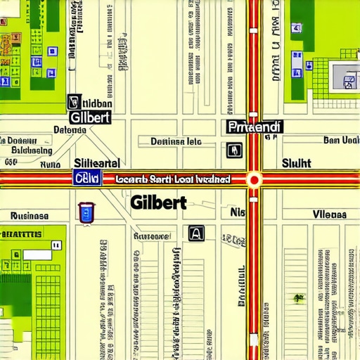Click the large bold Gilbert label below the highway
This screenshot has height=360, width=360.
(158, 202)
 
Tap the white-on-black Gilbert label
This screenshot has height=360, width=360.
(90, 117)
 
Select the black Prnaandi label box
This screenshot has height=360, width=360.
(255, 127)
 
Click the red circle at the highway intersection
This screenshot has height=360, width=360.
(254, 179)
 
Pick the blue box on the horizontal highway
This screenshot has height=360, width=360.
(87, 179)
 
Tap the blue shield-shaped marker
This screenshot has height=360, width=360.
(85, 212)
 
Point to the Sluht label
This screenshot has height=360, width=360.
(296, 163)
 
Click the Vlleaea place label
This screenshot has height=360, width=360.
(329, 214)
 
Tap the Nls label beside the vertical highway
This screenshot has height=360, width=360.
(238, 211)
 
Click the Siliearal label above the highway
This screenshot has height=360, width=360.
(96, 162)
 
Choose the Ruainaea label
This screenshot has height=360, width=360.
(30, 216)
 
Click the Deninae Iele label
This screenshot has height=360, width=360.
(176, 141)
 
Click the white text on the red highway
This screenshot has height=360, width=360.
(173, 179)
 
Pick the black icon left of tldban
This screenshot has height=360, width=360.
(71, 102)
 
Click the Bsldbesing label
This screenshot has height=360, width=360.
(32, 150)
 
